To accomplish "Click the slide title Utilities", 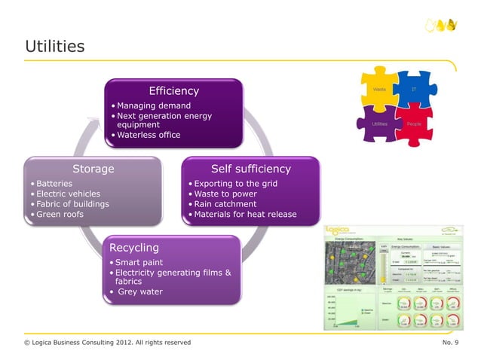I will point(54,47).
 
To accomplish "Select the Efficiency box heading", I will point(173,91).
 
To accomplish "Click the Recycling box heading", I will point(134,247).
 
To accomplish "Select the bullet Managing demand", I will point(153,105).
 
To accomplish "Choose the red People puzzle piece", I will point(414,124).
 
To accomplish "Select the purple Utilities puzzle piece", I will point(379,124).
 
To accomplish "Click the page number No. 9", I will point(452,343).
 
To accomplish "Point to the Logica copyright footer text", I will point(107,343).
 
